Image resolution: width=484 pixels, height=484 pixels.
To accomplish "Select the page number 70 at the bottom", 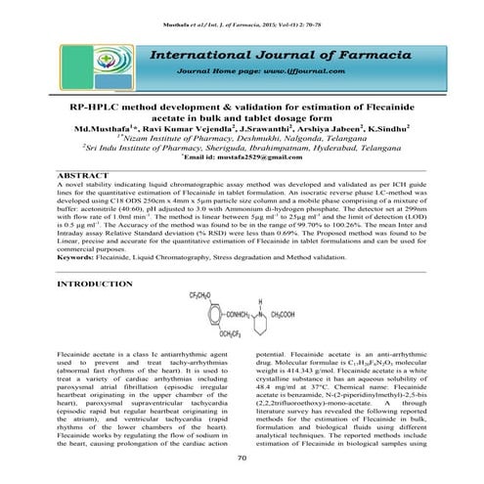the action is (241, 458).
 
